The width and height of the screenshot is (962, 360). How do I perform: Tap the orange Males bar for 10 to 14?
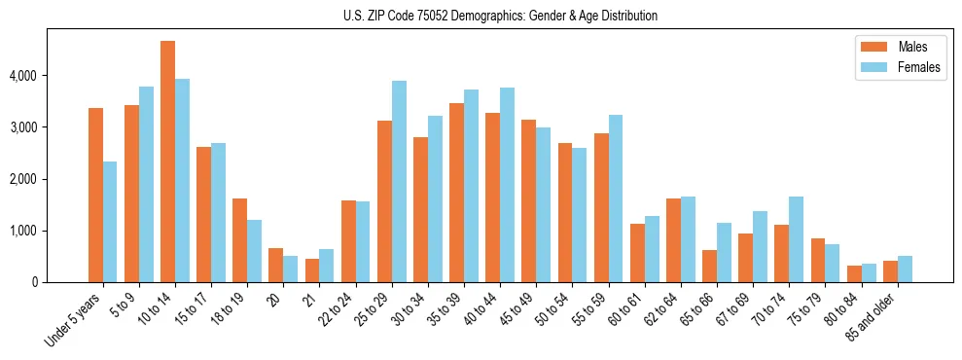pyautogui.click(x=168, y=162)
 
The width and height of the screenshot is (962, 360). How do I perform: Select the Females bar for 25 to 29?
pyautogui.click(x=399, y=182)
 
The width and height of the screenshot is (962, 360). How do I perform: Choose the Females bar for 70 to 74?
pyautogui.click(x=796, y=239)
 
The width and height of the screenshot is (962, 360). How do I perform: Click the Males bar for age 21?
pyautogui.click(x=312, y=270)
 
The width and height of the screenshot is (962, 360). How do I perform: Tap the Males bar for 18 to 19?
pyautogui.click(x=240, y=240)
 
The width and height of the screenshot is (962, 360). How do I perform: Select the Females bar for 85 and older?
pyautogui.click(x=905, y=270)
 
